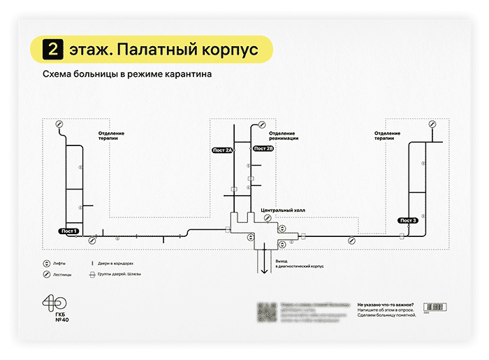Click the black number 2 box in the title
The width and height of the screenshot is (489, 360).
53,50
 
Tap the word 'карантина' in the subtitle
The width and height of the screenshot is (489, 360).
185,73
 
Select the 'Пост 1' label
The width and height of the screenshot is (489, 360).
68,231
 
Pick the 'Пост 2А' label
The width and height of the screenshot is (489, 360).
222,150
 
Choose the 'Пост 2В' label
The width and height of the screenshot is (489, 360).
263,148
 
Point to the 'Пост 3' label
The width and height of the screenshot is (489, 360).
409,220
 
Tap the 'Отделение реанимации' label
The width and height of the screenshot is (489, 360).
283,136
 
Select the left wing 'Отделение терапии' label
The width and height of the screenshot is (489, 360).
112,136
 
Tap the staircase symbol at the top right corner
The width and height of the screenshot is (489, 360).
432,124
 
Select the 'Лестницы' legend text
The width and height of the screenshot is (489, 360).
63,275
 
